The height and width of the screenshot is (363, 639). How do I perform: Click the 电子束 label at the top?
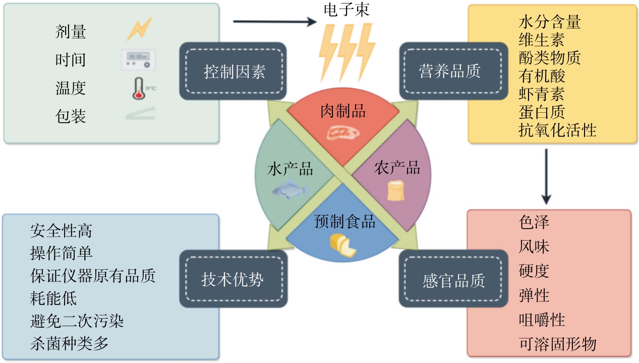click(346, 10)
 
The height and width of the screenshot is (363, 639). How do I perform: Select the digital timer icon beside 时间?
click(138, 60)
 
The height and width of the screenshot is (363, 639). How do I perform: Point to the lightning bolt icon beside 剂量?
click(139, 29)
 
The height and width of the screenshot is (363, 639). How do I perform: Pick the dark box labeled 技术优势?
click(233, 279)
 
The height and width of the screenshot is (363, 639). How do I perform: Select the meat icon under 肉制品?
click(343, 132)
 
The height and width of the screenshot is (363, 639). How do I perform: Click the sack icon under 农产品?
click(396, 190)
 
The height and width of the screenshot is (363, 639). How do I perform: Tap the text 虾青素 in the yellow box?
click(541, 94)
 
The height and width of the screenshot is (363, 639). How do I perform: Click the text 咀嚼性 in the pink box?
click(542, 320)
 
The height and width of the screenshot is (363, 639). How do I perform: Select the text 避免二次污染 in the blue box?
click(77, 321)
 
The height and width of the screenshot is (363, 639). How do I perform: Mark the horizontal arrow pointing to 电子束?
click(274, 22)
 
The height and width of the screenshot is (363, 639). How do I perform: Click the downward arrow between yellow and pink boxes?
click(547, 176)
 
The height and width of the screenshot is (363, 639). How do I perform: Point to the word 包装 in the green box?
click(71, 116)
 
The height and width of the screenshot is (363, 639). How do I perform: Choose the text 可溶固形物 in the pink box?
click(557, 344)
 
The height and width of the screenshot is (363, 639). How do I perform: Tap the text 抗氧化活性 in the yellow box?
click(557, 130)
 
